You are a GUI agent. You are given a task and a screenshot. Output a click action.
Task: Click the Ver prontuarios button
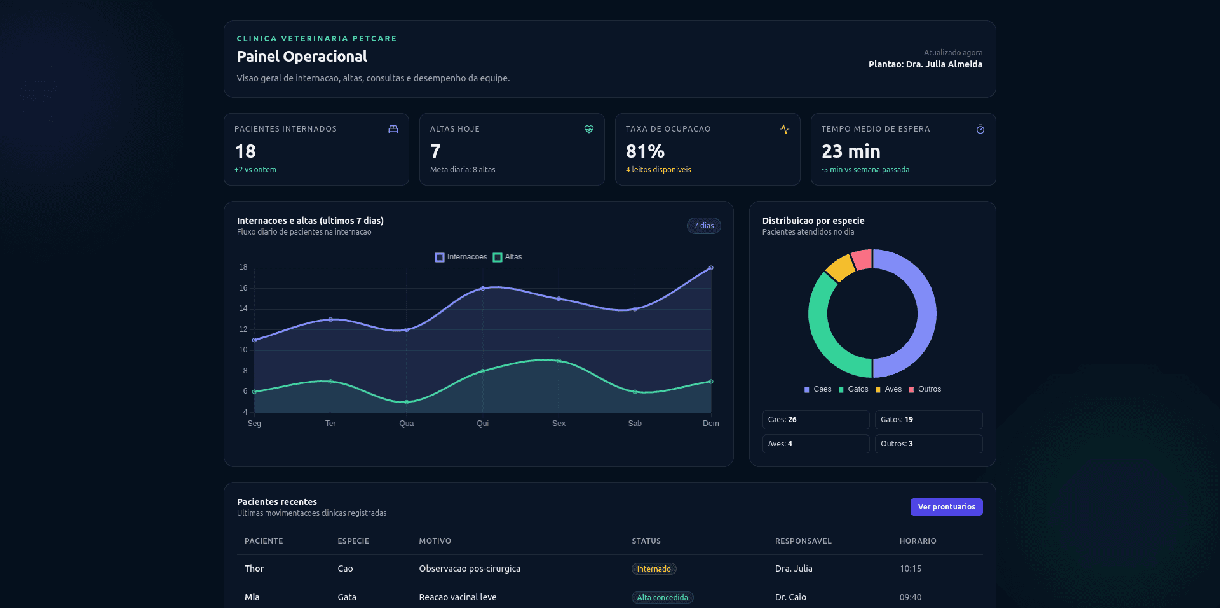946,507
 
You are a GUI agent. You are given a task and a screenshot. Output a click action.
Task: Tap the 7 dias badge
703,226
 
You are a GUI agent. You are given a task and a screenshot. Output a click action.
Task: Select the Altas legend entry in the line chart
508,257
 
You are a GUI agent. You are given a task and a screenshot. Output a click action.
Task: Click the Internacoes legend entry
461,257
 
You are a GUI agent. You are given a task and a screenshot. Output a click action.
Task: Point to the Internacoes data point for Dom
711,268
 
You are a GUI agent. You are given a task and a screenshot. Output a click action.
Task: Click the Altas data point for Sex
559,361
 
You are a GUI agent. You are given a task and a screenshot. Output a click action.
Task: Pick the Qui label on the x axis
483,424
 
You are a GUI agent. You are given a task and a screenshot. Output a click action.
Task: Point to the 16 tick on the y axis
243,288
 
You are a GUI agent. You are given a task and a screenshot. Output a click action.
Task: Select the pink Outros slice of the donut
862,259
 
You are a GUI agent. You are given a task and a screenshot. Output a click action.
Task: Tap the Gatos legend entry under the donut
853,389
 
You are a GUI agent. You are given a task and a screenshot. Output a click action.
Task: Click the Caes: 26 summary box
815,420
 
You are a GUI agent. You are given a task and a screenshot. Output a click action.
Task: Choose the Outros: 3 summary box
928,444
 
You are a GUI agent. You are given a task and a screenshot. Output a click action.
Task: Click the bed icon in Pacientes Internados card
393,129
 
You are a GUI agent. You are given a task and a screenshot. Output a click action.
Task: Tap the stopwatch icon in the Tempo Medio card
980,129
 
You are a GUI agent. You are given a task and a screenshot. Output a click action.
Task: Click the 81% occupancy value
645,151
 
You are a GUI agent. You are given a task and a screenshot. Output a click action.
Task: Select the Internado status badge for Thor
654,569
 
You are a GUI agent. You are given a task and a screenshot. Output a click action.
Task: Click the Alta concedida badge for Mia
662,598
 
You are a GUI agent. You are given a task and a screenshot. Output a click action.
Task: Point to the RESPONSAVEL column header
803,541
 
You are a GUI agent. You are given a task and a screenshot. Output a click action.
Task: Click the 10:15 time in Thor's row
911,569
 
